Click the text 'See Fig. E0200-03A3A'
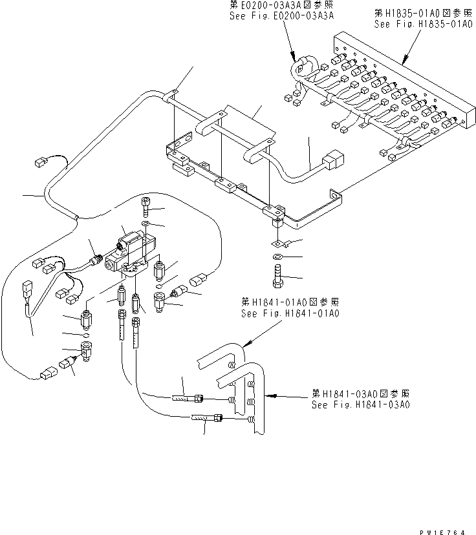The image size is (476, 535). tap(281, 17)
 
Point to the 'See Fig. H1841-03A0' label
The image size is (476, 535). tap(360, 405)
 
